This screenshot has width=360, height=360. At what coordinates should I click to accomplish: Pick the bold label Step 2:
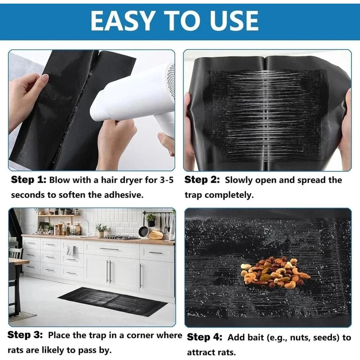click(202, 180)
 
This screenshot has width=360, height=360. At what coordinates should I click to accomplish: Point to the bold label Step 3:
click(25, 335)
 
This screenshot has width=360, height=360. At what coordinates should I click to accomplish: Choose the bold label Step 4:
click(204, 337)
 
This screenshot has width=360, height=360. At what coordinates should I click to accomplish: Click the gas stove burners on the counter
click(121, 237)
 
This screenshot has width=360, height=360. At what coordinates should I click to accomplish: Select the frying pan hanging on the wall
click(144, 231)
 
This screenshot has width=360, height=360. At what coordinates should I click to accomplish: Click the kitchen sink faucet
click(85, 227)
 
